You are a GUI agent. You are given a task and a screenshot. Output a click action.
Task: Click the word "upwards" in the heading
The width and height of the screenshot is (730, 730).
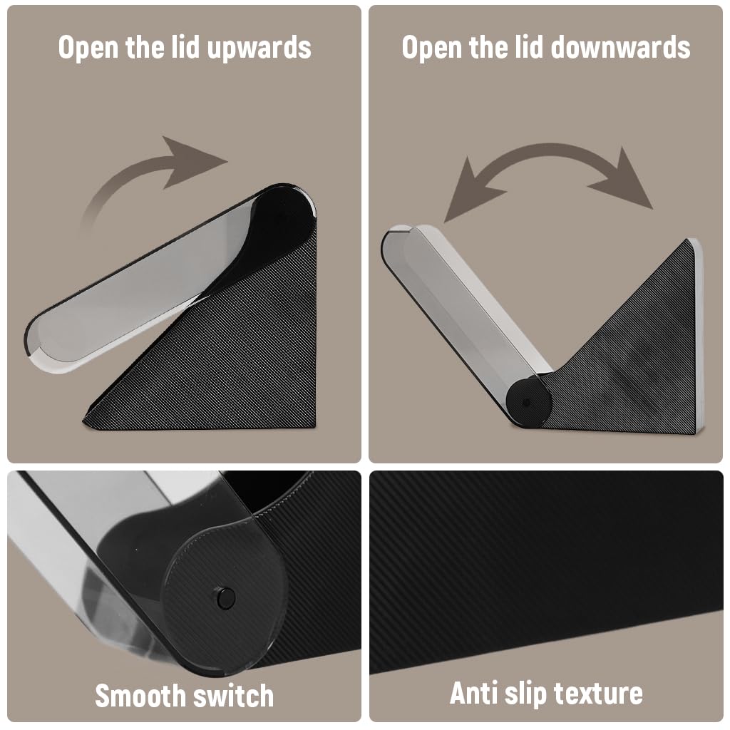click(x=259, y=48)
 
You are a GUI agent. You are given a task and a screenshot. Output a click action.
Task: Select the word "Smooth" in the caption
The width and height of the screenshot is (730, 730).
click(x=140, y=696)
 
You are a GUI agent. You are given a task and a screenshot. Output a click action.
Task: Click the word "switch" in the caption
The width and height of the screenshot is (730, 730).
click(x=233, y=696)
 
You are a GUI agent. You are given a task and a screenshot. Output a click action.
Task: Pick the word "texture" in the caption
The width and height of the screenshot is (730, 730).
click(x=599, y=694)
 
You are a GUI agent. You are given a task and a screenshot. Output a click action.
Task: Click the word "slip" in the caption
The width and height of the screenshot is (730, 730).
click(x=525, y=694)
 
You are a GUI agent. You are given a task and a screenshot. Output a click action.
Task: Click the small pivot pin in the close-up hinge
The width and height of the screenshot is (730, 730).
click(x=225, y=598)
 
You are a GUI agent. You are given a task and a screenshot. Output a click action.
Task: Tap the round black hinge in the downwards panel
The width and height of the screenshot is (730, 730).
click(x=528, y=402)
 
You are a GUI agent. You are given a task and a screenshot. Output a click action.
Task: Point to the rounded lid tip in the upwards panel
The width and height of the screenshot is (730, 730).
click(x=40, y=344)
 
